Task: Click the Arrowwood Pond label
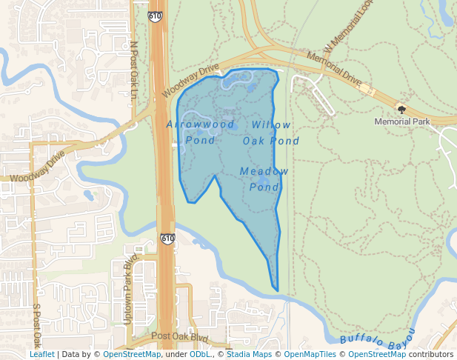201,131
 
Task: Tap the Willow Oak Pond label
271,133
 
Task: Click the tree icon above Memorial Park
402,109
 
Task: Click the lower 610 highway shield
167,239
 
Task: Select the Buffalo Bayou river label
378,337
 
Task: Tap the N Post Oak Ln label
134,69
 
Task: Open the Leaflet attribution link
42,354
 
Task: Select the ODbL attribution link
200,354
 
